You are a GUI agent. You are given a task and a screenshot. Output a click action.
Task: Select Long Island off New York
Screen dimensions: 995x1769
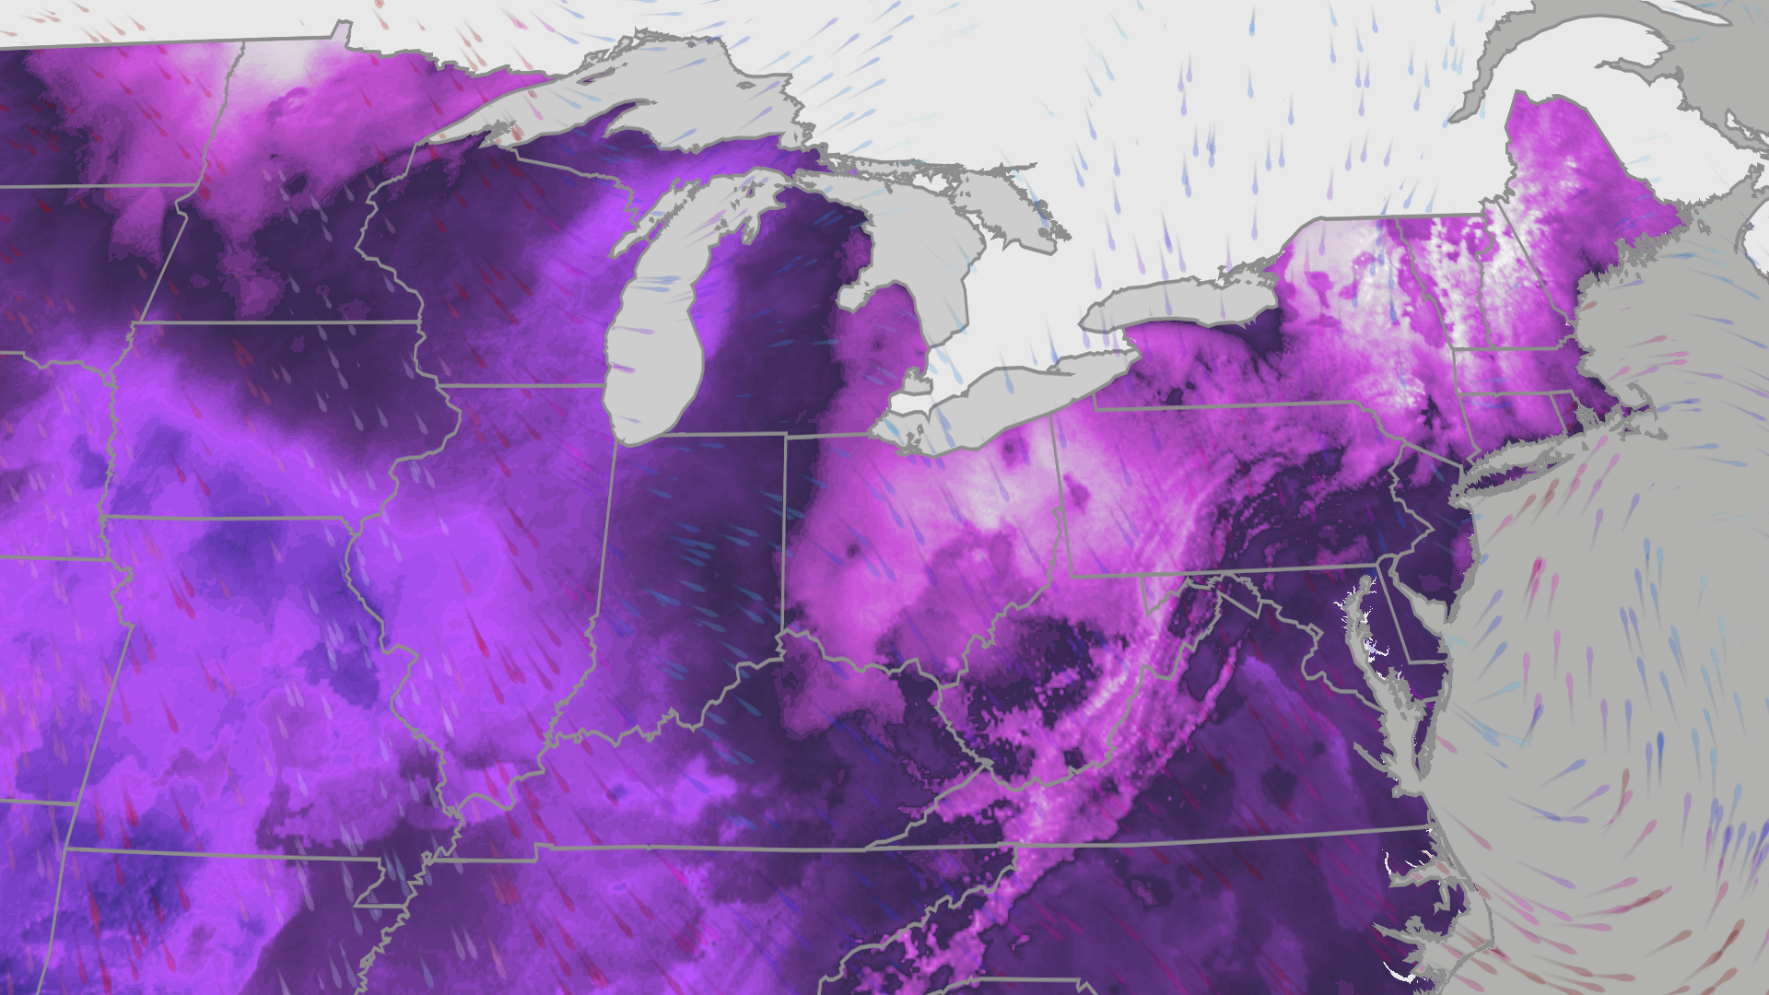coord(1529,461)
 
